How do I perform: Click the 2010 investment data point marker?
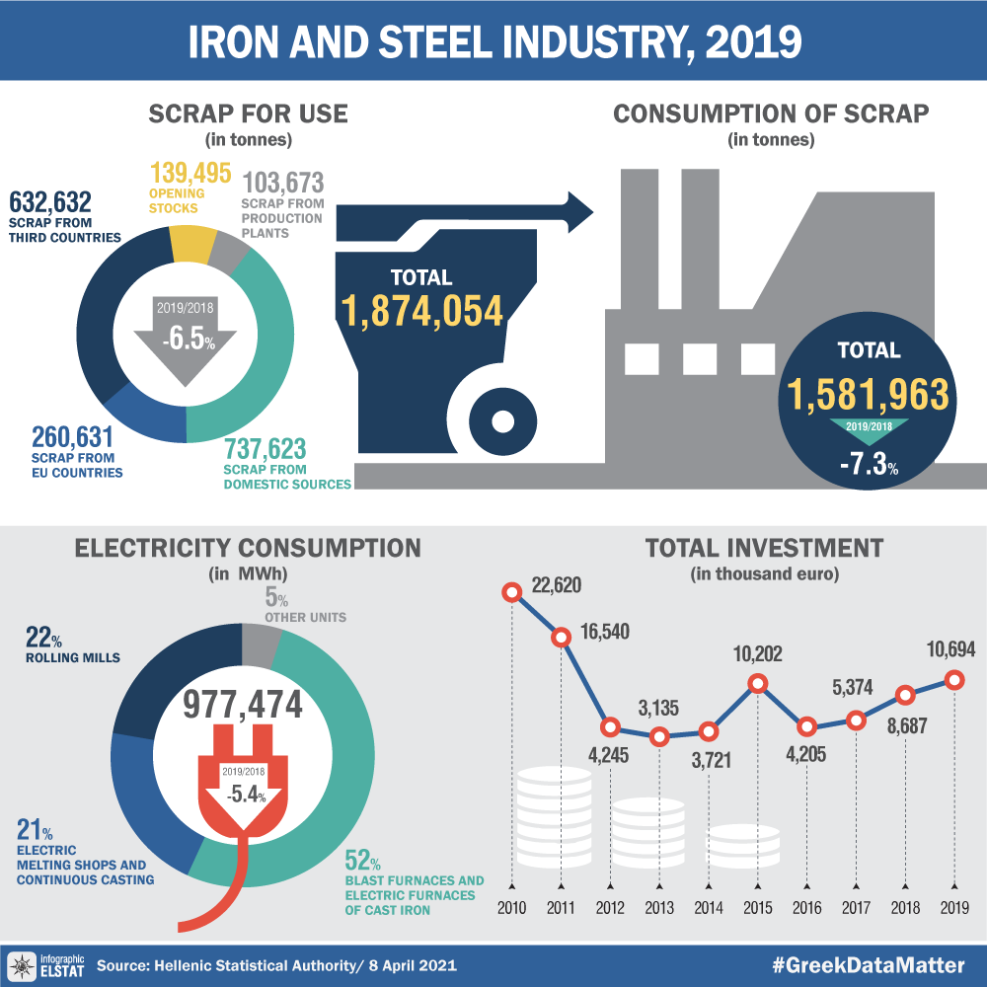[511, 592]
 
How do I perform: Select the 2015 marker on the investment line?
[758, 683]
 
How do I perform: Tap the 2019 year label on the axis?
[954, 907]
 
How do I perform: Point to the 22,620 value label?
[555, 585]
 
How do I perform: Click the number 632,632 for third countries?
[50, 203]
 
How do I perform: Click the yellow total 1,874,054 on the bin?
[422, 310]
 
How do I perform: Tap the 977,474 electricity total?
[243, 705]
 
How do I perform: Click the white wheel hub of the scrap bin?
[502, 422]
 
